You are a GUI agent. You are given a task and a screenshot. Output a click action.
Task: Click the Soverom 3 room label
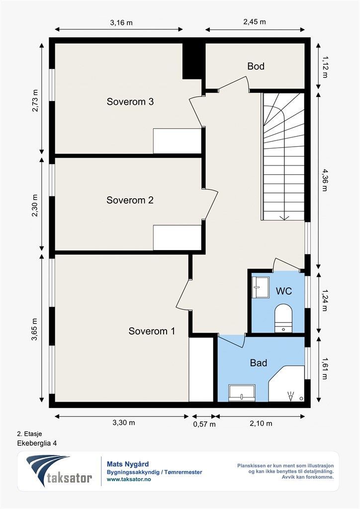pyautogui.click(x=130, y=101)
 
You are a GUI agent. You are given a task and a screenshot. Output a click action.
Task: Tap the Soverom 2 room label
pyautogui.click(x=130, y=200)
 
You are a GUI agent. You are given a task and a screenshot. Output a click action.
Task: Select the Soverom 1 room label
pyautogui.click(x=152, y=331)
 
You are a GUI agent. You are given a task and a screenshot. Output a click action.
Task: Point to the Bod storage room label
pyautogui.click(x=256, y=66)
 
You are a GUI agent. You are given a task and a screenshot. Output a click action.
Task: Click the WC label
pyautogui.click(x=284, y=291)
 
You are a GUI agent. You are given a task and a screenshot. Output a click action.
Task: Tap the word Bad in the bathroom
pyautogui.click(x=259, y=362)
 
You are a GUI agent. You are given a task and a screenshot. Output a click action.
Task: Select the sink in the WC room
pyautogui.click(x=261, y=287)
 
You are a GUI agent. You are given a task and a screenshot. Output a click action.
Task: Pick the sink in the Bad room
pyautogui.click(x=242, y=393)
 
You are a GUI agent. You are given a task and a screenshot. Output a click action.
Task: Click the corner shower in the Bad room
pyautogui.click(x=286, y=384)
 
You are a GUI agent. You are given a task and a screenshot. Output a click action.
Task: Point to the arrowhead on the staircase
pyautogui.click(x=284, y=218)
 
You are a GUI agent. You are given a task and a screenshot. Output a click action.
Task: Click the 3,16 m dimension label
pyautogui.click(x=121, y=23)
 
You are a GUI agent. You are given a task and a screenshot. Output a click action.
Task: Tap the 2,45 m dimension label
pyautogui.click(x=255, y=22)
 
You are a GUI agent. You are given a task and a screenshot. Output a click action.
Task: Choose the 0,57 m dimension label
pyautogui.click(x=204, y=424)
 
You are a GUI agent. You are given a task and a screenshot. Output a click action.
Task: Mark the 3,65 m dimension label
pyautogui.click(x=34, y=329)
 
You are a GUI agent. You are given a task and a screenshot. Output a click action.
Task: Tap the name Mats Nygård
pyautogui.click(x=128, y=465)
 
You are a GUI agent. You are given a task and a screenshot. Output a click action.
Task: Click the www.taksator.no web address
pyautogui.click(x=129, y=479)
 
